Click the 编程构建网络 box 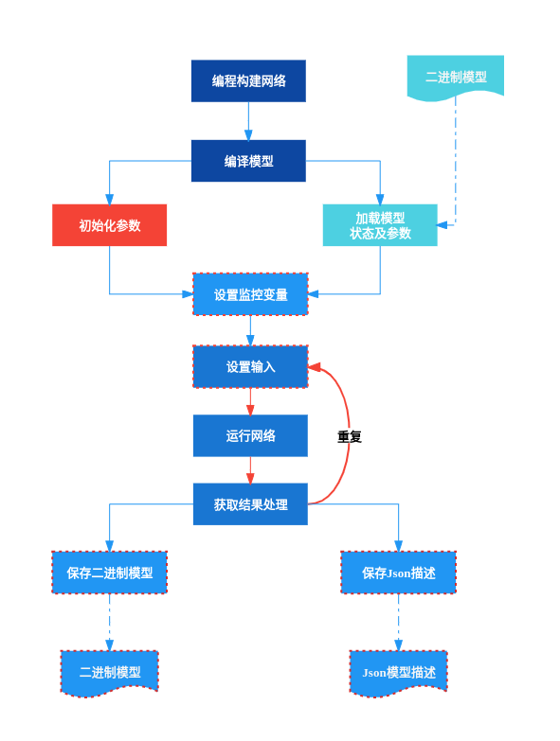tap(248, 80)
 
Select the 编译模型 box tap(248, 161)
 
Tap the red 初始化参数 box tap(109, 225)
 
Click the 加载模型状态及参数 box tap(380, 225)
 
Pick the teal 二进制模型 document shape tap(456, 77)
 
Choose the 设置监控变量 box tap(250, 294)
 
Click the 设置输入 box tap(250, 367)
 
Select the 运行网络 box tap(250, 435)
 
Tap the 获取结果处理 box tap(250, 504)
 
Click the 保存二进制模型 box tap(109, 573)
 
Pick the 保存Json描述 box tap(398, 573)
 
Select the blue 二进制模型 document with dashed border tap(109, 672)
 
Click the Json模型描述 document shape tap(398, 672)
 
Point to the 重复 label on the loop tap(350, 436)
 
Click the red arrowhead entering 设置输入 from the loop tap(315, 367)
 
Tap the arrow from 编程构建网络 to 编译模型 tap(248, 121)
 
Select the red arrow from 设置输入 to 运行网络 tap(250, 401)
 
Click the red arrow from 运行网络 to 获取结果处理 tap(250, 470)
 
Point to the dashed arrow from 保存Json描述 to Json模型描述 tap(398, 622)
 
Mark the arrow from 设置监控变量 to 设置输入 tap(250, 330)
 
